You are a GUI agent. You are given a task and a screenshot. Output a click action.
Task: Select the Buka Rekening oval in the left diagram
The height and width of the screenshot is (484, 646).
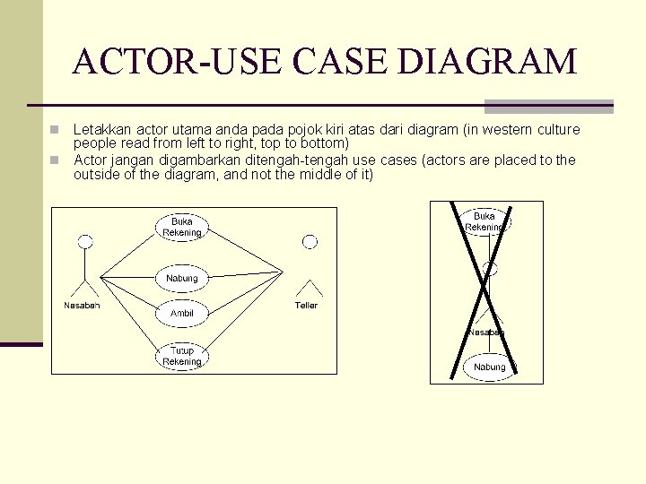point(182,227)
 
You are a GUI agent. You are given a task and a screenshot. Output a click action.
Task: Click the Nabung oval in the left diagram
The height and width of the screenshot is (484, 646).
point(182,278)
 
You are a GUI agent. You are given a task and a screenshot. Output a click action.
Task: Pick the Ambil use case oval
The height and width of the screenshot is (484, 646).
point(182,313)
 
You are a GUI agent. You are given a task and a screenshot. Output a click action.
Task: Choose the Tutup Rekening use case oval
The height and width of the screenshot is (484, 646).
point(182,356)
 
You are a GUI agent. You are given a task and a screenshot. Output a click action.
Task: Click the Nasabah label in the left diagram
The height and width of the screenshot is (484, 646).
point(82,306)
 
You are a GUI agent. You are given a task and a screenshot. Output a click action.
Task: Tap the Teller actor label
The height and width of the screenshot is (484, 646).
point(306,306)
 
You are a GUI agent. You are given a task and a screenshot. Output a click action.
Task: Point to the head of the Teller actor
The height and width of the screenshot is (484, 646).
point(310,241)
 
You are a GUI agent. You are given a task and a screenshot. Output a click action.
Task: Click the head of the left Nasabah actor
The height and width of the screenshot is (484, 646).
point(85,241)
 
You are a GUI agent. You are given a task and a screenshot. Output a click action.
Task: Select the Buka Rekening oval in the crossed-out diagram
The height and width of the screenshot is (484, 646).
point(484,221)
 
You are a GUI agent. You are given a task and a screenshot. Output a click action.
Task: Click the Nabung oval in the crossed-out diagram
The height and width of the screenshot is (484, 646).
point(490,367)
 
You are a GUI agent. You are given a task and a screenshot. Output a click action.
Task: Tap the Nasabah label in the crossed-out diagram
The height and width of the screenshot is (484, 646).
point(485,332)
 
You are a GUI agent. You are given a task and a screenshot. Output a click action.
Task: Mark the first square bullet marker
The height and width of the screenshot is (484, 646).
point(55,130)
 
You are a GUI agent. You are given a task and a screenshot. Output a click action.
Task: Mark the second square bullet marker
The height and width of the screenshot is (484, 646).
point(55,160)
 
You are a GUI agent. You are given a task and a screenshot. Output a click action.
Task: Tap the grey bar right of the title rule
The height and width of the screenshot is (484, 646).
point(548,106)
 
